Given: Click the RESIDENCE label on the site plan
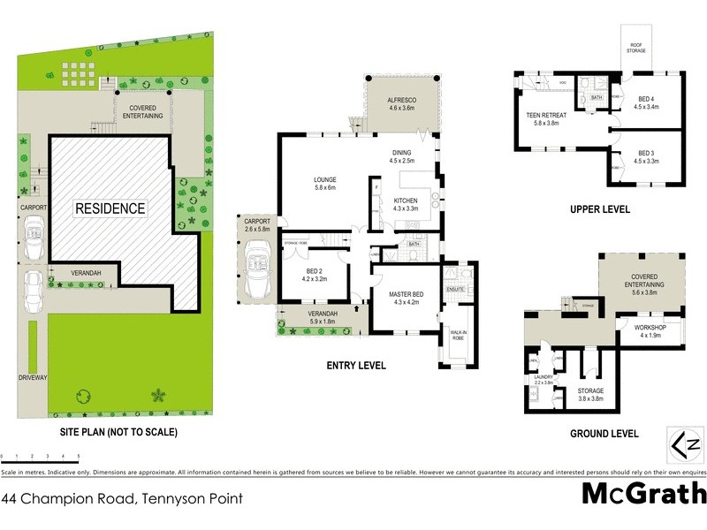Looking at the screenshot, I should [x=110, y=208].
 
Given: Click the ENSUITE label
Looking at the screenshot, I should [x=455, y=289].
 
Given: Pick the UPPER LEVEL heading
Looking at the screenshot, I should [x=601, y=209].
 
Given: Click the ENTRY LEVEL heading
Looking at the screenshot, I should [x=356, y=365].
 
